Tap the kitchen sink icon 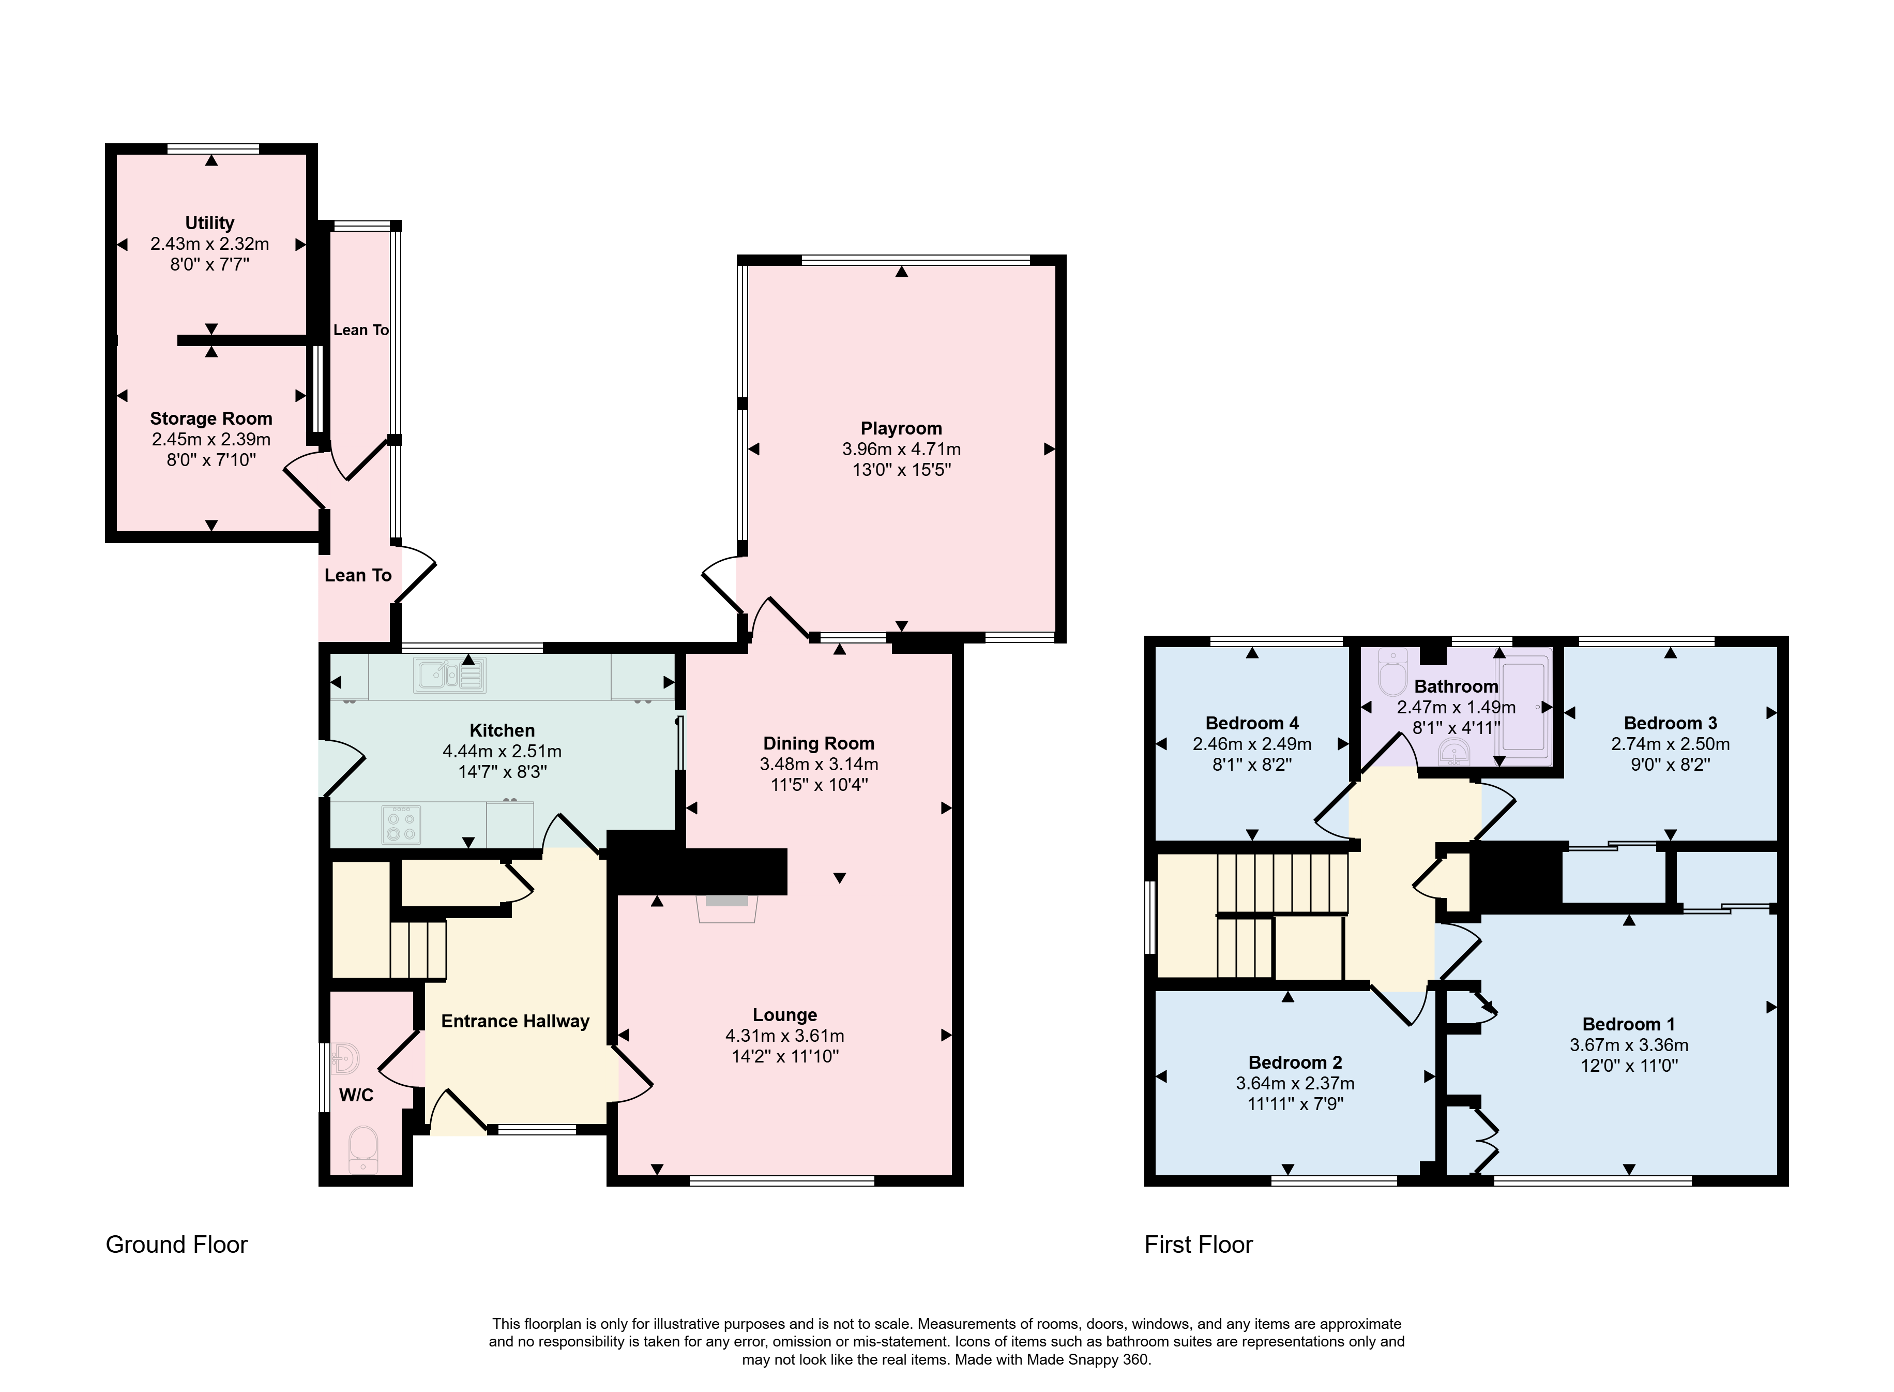coord(450,676)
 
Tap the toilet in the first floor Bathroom coord(1391,671)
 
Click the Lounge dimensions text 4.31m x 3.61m coord(785,1036)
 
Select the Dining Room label coord(819,743)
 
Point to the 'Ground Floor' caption coord(177,1245)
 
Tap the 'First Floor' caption coord(1199,1245)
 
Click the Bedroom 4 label coord(1252,723)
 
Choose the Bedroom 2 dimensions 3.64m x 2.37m coord(1295,1083)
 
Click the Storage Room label coord(211,419)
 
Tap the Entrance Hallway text coord(516,1021)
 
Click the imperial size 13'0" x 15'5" coord(901,469)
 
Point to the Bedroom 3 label coord(1670,723)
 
